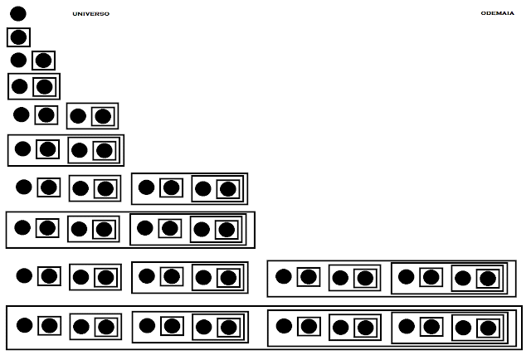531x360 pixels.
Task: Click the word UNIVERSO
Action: [x=90, y=14]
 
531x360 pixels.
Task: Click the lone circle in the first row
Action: [x=18, y=13]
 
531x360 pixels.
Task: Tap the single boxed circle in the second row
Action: [x=18, y=36]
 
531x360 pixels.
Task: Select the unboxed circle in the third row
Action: [x=18, y=60]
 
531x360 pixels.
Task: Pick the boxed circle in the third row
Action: [x=43, y=60]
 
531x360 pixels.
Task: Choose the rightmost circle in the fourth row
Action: [x=44, y=86]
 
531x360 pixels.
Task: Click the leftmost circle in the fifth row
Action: [x=22, y=114]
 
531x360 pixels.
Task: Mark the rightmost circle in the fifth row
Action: [x=103, y=116]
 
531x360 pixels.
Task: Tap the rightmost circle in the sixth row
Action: [x=103, y=150]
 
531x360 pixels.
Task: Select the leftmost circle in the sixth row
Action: [x=23, y=148]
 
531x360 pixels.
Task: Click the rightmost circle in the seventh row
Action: [x=227, y=189]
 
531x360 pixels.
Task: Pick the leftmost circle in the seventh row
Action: [x=23, y=187]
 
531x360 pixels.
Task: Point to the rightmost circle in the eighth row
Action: [x=227, y=230]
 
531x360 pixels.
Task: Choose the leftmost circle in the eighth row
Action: [x=23, y=226]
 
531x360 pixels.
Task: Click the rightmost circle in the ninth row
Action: [x=487, y=279]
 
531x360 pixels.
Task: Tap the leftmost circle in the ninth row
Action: [x=23, y=275]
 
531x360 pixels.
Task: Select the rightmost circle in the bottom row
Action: [x=487, y=328]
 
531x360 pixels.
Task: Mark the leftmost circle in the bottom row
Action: [x=24, y=325]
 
